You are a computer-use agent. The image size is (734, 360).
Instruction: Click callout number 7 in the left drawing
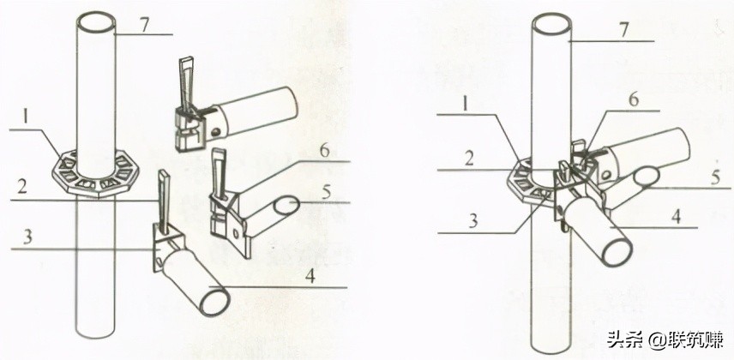[146, 25]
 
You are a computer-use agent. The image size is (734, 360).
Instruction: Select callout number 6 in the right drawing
[634, 100]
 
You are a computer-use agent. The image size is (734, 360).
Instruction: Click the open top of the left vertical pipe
[96, 22]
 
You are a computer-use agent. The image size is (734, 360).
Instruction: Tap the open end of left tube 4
[214, 301]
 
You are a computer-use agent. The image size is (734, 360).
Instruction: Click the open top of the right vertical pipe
[552, 23]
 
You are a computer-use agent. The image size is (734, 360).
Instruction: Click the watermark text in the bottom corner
[665, 339]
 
